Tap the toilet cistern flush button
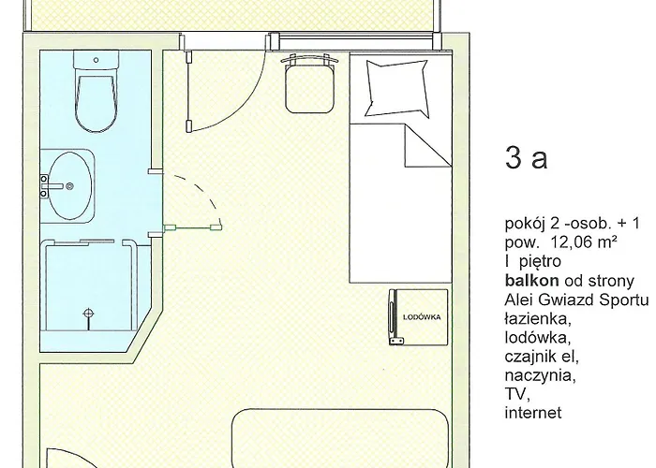tap(96, 60)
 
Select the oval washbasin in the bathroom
tap(69, 186)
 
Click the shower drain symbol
tap(88, 313)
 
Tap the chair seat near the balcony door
tap(309, 88)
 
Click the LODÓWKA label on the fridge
tap(422, 317)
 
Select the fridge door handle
tap(392, 317)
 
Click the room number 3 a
tap(527, 157)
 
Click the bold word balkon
tap(531, 281)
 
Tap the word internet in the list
tap(533, 413)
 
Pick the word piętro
tap(540, 261)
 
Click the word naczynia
tap(540, 375)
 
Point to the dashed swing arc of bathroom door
tap(203, 191)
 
